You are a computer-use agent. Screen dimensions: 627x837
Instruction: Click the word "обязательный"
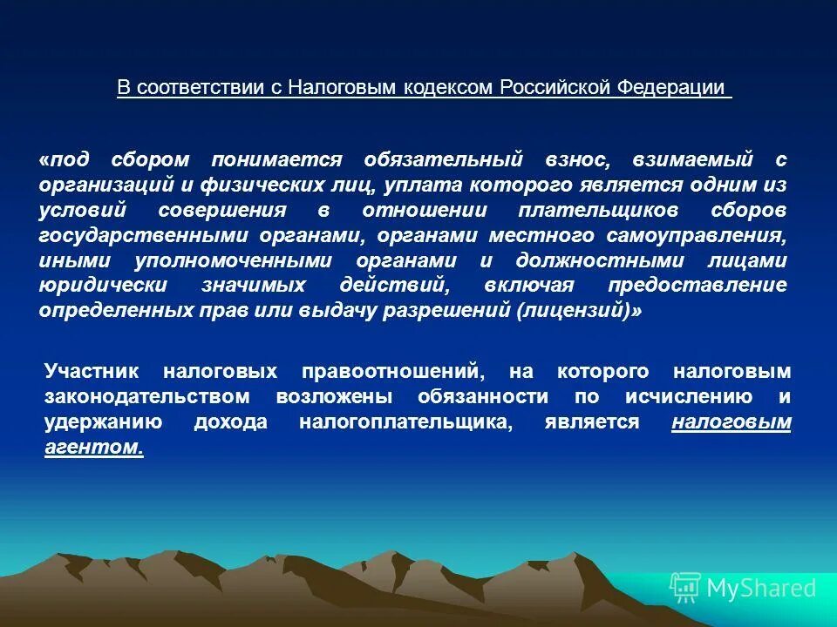pos(444,160)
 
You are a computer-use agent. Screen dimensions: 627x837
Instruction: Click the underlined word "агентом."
pos(93,448)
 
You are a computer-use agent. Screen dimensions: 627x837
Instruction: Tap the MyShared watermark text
pos(761,589)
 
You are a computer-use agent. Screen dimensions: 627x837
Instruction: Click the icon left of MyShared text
pos(684,589)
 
